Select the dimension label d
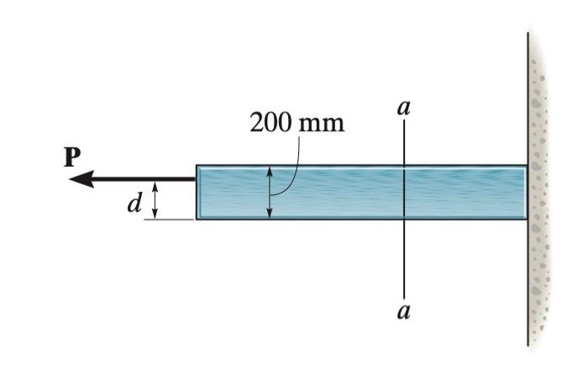click(132, 203)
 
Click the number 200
click(270, 123)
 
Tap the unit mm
click(321, 124)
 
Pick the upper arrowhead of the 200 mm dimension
click(270, 171)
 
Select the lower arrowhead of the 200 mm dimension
click(270, 214)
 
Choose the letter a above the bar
click(404, 109)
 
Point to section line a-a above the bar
click(404, 143)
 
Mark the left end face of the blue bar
click(197, 193)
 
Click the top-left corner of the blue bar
click(197, 166)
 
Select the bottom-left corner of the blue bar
click(197, 220)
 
